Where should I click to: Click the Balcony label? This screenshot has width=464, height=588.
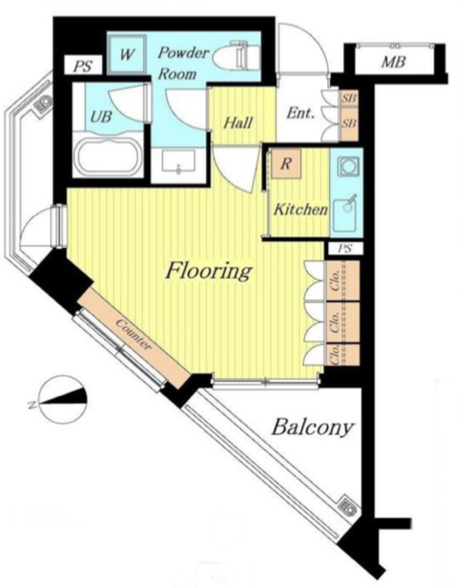point(312,427)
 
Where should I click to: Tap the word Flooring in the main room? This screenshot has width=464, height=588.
point(208,271)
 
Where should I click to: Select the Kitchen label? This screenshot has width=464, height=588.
point(301,209)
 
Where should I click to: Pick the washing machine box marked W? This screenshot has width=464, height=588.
point(127,55)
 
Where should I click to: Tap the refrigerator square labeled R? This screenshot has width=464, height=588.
point(286,163)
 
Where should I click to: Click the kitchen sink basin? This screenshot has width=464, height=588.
point(346,214)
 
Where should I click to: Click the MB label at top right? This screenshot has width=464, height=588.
point(393,63)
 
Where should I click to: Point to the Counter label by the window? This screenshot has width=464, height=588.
point(133,335)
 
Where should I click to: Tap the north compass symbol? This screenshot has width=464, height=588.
point(63,399)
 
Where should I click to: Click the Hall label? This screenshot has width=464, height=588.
point(238,123)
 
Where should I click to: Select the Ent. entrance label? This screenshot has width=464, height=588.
point(300,112)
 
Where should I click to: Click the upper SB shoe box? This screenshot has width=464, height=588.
point(348,98)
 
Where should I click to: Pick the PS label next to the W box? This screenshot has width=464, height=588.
point(82,66)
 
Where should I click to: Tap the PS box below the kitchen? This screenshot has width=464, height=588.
point(345,249)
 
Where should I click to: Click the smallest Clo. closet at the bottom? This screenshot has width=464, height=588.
point(343,354)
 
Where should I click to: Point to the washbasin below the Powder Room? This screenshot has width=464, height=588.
point(178,162)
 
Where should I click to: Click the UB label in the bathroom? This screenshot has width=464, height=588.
point(101,117)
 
